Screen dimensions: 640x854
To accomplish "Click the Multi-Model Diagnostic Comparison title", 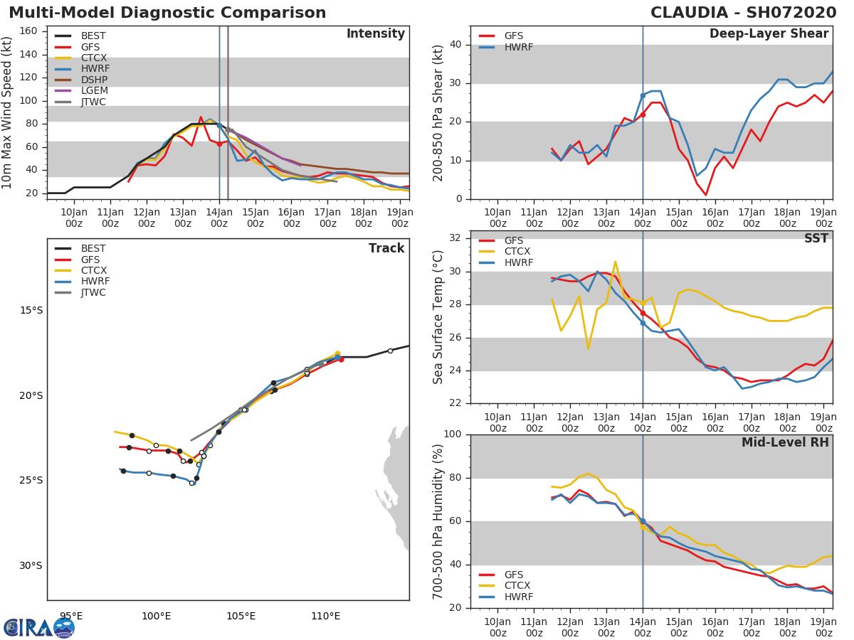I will click(x=167, y=13).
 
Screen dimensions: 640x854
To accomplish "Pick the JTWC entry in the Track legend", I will click(x=94, y=292).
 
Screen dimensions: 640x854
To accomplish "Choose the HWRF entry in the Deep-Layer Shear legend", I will click(x=518, y=47).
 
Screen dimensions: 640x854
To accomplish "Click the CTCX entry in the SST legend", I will click(x=517, y=252).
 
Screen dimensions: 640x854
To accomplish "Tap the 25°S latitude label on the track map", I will click(x=31, y=480).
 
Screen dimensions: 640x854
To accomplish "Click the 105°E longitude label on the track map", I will click(x=241, y=616).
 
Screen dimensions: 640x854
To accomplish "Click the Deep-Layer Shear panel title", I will click(x=769, y=34).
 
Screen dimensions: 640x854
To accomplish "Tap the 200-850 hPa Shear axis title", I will click(x=438, y=112).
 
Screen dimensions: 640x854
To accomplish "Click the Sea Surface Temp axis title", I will click(x=438, y=317).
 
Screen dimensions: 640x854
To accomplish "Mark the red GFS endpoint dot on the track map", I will click(x=341, y=359).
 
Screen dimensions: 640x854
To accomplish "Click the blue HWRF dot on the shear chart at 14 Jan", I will click(x=643, y=95).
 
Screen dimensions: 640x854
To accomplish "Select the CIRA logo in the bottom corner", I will click(x=39, y=627).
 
